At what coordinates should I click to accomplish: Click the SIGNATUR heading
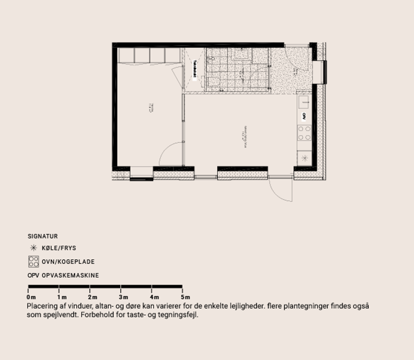tap(42, 237)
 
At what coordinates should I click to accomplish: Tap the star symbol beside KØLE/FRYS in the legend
tap(33, 248)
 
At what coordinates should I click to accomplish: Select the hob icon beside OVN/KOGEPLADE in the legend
tap(33, 261)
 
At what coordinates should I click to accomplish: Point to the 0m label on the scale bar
tap(31, 297)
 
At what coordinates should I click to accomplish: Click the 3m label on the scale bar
tap(123, 297)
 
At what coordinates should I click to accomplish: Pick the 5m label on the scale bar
tap(185, 297)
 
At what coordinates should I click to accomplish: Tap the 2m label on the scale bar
tap(93, 297)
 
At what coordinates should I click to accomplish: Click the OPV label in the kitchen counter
tap(304, 116)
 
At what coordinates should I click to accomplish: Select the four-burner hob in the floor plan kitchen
tap(304, 133)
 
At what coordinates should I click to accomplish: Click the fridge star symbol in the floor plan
tap(304, 157)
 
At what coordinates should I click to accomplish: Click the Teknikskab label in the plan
tap(195, 69)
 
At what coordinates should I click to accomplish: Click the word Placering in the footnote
tap(42, 306)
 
